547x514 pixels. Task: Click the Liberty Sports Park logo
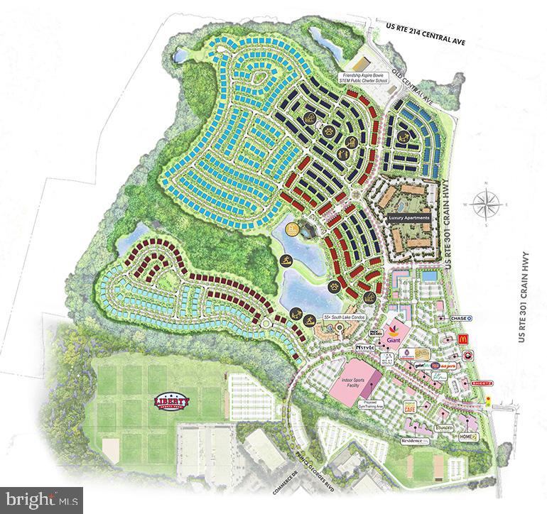coord(171,402)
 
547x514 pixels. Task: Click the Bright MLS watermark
coord(41,499)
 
